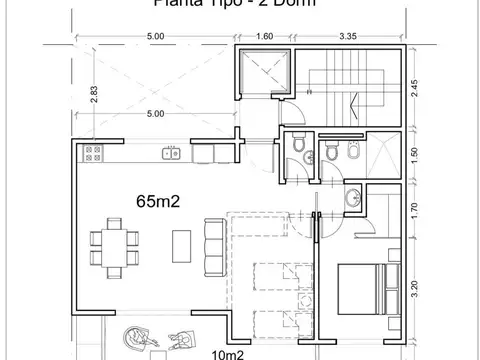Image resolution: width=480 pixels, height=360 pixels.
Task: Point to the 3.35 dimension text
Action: [x=348, y=36]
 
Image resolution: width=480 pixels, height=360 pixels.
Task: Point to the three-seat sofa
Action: [x=213, y=244]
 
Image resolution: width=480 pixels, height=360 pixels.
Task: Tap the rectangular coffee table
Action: [x=181, y=244]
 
